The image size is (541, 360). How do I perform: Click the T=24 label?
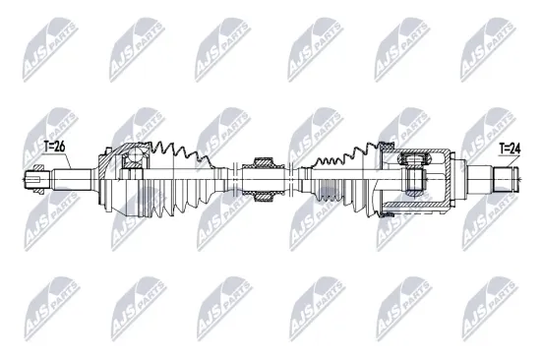tap(511, 150)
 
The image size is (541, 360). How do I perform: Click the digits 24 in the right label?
tap(518, 150)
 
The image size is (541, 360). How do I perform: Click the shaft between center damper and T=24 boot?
tap(295, 178)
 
